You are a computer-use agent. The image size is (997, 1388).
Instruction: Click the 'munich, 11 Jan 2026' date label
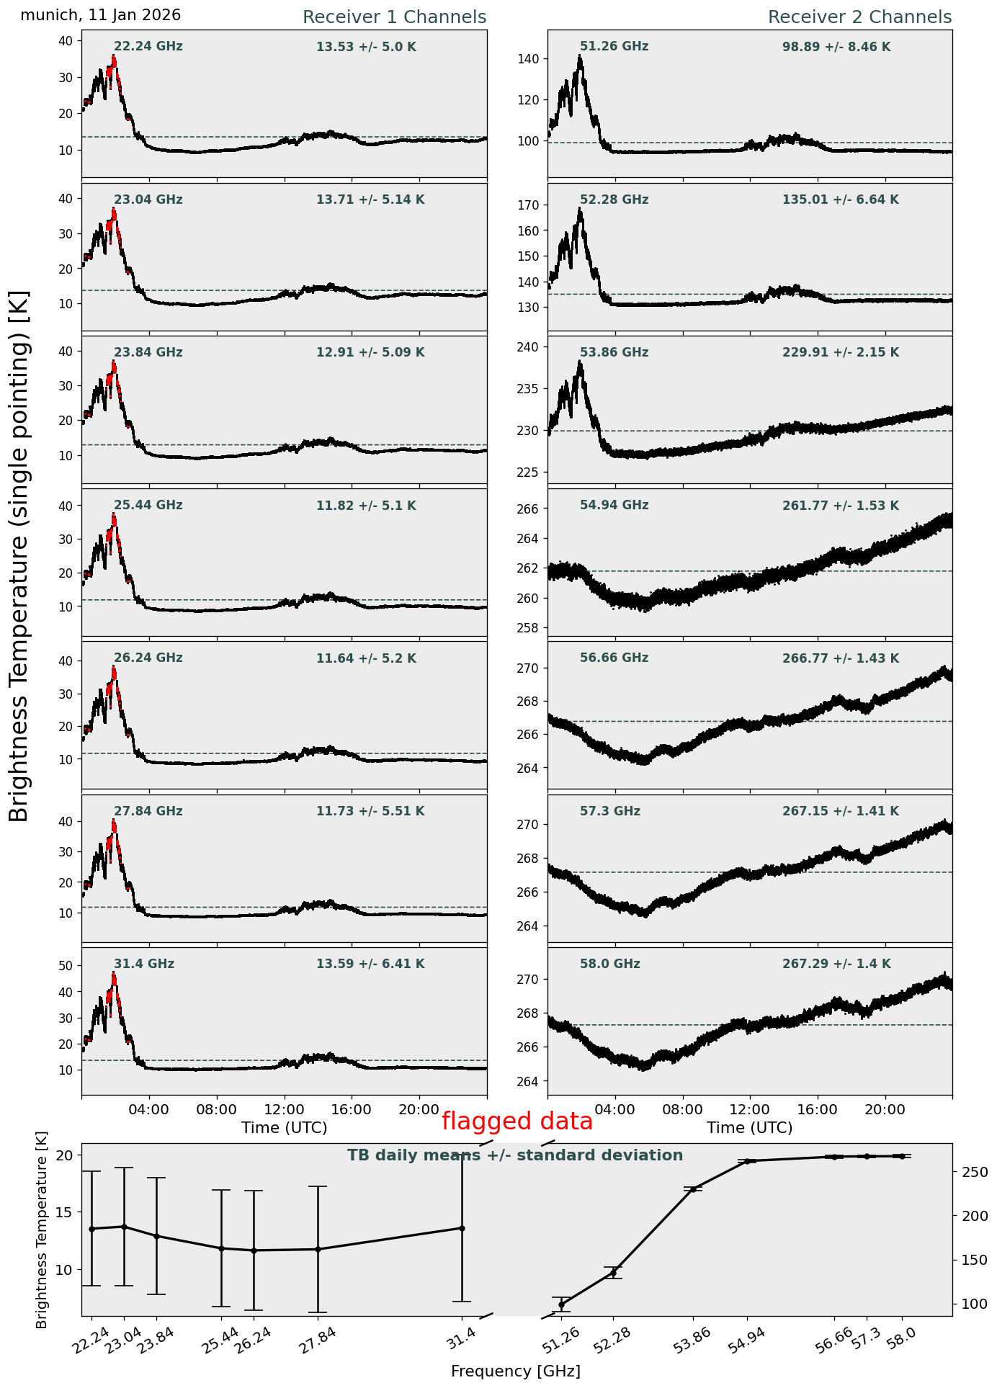pyautogui.click(x=101, y=15)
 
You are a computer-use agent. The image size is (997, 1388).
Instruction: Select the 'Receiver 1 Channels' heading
pyautogui.click(x=394, y=17)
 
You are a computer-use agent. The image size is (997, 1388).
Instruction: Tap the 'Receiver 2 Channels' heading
pyautogui.click(x=859, y=17)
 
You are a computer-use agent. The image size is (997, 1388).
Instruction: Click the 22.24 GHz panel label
pyautogui.click(x=148, y=47)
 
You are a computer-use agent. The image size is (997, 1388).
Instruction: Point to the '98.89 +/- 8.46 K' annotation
pyautogui.click(x=836, y=48)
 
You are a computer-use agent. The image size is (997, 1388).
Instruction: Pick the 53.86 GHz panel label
pyautogui.click(x=614, y=353)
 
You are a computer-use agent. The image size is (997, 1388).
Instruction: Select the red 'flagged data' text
pyautogui.click(x=517, y=1121)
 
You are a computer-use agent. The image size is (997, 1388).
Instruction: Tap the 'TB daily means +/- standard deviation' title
pyautogui.click(x=515, y=1155)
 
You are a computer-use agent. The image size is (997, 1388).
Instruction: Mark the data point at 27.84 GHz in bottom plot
pyautogui.click(x=317, y=1249)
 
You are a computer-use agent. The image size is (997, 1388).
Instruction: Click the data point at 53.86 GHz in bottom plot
pyautogui.click(x=693, y=1188)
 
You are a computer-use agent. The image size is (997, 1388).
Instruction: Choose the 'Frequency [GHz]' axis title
pyautogui.click(x=515, y=1371)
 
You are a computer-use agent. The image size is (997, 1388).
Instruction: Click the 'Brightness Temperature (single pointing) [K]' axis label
pyautogui.click(x=19, y=555)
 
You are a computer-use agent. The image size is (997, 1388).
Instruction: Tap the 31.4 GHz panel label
pyautogui.click(x=144, y=964)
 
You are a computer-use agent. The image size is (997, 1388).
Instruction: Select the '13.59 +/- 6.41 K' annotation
pyautogui.click(x=370, y=964)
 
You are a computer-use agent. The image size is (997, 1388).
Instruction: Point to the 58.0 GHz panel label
pyautogui.click(x=609, y=964)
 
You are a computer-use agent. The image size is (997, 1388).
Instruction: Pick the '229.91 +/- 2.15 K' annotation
pyautogui.click(x=841, y=353)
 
